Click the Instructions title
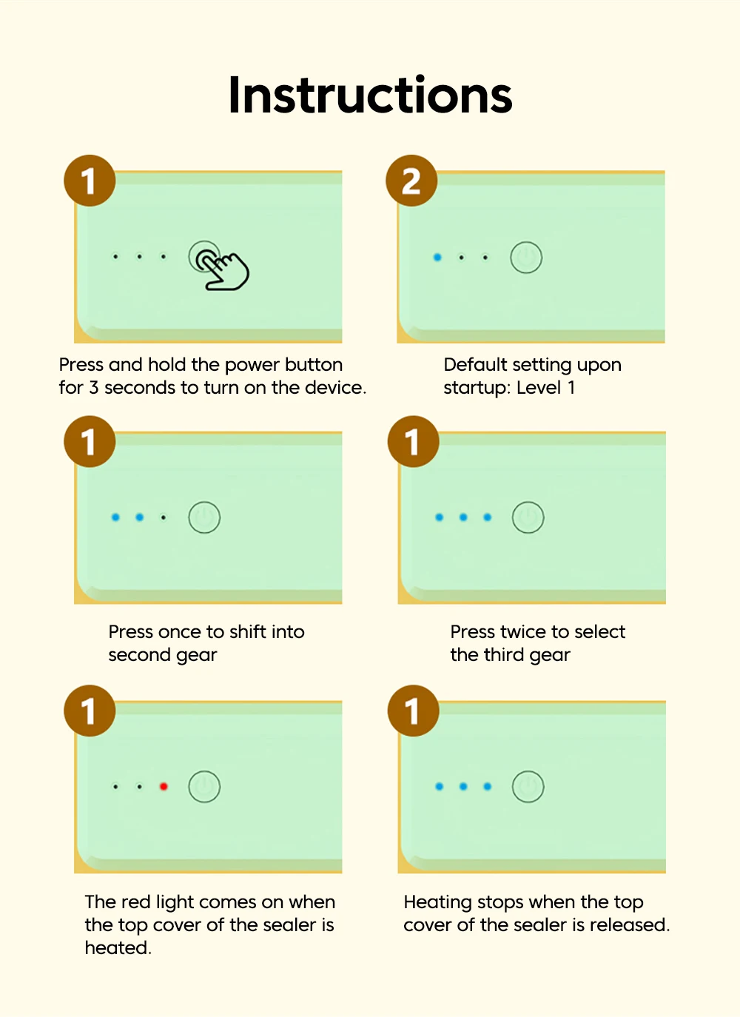click(x=371, y=95)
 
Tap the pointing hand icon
click(x=223, y=271)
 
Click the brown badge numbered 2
click(x=411, y=181)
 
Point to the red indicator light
click(x=164, y=786)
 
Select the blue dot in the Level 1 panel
click(x=437, y=258)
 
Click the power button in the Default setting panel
click(x=526, y=258)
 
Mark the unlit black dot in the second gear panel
click(x=164, y=517)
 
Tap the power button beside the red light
click(x=204, y=786)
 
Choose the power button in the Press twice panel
click(x=528, y=517)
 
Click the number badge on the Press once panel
click(x=90, y=441)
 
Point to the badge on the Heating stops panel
click(x=413, y=711)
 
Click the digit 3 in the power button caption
click(x=94, y=388)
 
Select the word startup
click(x=477, y=389)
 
